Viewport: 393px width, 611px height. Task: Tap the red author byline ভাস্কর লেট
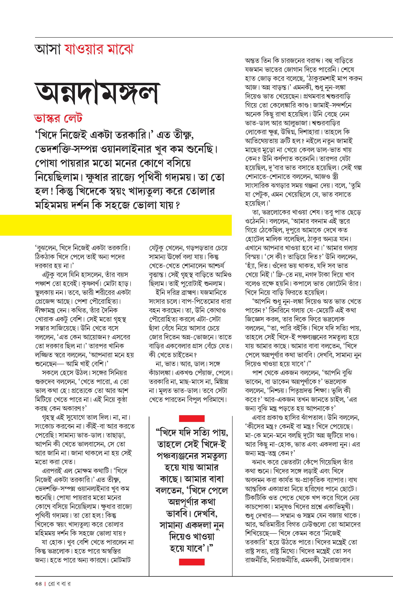pos(58,119)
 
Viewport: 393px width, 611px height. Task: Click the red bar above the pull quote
pos(192,419)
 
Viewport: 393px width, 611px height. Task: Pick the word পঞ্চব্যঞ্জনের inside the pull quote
pos(184,456)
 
